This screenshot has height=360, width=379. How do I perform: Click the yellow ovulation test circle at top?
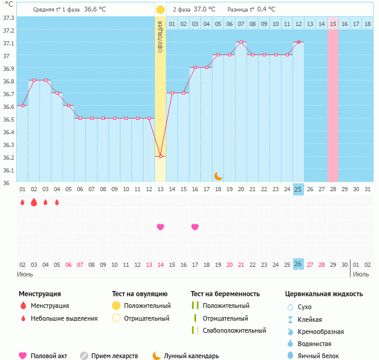coord(160,10)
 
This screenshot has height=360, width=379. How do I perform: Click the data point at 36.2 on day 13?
coord(160,157)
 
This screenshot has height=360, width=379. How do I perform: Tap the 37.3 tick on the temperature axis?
coord(8,17)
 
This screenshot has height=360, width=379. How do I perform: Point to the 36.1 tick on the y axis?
coord(8,170)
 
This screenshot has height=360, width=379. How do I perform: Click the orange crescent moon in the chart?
coord(219,175)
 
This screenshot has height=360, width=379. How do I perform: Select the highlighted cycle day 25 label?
coord(298,189)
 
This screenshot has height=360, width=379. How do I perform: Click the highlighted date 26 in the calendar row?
coord(298,264)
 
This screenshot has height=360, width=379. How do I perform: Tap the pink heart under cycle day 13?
coord(160,227)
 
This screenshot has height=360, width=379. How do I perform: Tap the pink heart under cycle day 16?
coord(195,227)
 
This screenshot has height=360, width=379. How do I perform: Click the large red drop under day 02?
coord(34,203)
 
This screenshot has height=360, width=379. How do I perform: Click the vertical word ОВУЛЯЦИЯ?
coord(160,36)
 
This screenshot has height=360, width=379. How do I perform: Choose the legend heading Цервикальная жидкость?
coord(324,294)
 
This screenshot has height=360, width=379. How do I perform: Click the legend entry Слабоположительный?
coord(234,330)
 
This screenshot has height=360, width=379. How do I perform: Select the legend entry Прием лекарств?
coord(114,356)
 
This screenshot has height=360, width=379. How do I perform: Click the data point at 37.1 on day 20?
coord(241,42)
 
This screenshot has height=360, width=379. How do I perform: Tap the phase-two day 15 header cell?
coord(333,24)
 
